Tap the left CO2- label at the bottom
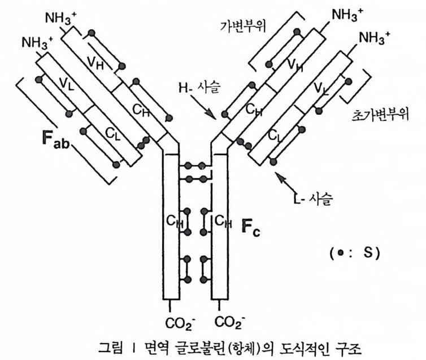178,323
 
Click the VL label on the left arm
67,85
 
